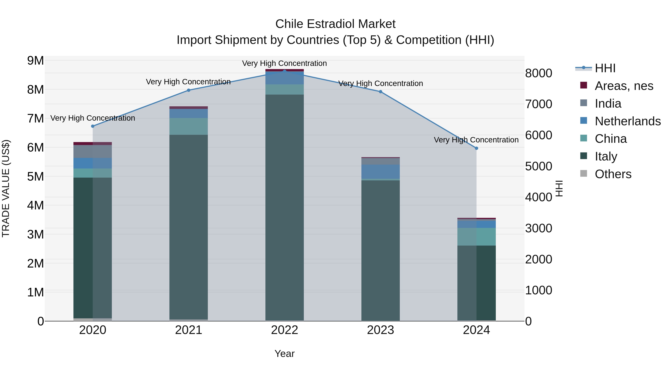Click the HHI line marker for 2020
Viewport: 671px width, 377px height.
(93, 126)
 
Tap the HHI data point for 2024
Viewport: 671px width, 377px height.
(476, 148)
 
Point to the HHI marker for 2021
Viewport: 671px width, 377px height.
(189, 90)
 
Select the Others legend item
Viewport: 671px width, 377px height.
(613, 174)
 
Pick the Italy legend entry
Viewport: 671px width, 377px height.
(606, 156)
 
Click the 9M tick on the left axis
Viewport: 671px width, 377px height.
(35, 61)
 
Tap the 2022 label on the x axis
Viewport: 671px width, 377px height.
(284, 330)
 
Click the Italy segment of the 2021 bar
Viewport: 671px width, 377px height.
(189, 226)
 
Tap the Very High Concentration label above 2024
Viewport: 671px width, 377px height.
(476, 140)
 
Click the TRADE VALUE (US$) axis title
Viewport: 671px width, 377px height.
(6, 188)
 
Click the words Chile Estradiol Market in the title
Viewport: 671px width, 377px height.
(335, 24)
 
